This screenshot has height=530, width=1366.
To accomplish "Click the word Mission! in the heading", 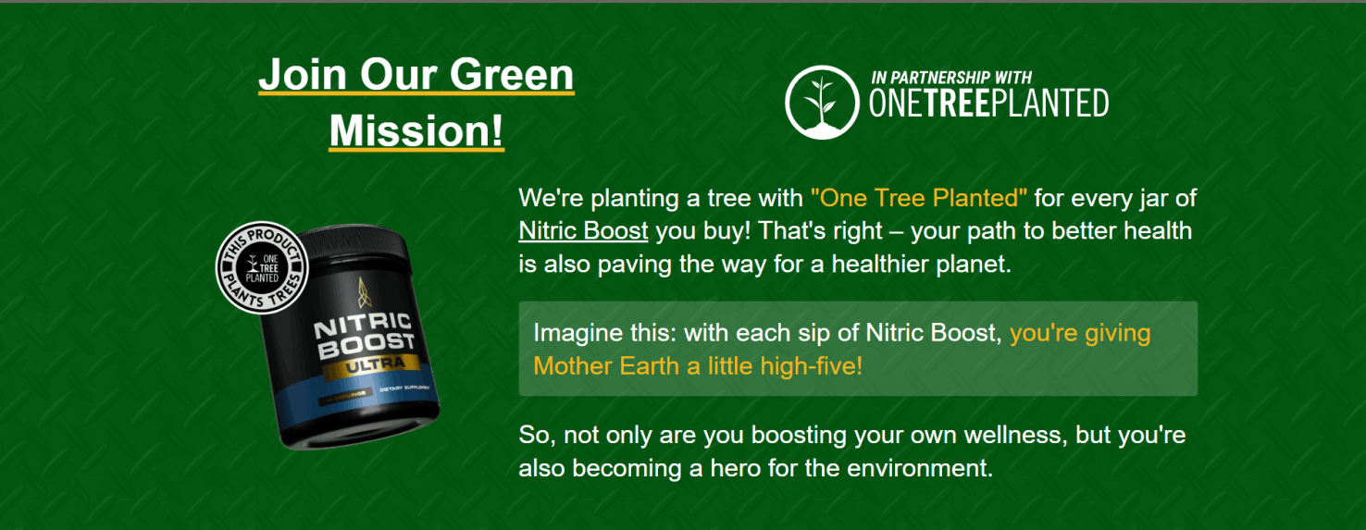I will [x=416, y=130].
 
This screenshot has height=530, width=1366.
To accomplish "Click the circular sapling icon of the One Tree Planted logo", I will [x=821, y=102].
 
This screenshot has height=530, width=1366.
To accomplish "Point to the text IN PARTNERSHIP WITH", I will [x=951, y=78].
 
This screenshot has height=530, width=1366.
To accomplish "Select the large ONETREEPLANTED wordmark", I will [x=988, y=105].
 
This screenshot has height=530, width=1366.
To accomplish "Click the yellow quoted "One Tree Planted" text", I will [x=919, y=197].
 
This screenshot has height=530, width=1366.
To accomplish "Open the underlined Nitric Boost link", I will [x=583, y=230].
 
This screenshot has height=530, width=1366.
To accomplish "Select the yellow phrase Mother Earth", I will [x=606, y=366].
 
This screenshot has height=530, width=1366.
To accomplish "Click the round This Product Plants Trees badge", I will [x=261, y=265].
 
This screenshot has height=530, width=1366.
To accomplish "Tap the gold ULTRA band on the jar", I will [x=367, y=370].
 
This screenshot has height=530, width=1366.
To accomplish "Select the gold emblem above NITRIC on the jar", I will [x=361, y=292].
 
